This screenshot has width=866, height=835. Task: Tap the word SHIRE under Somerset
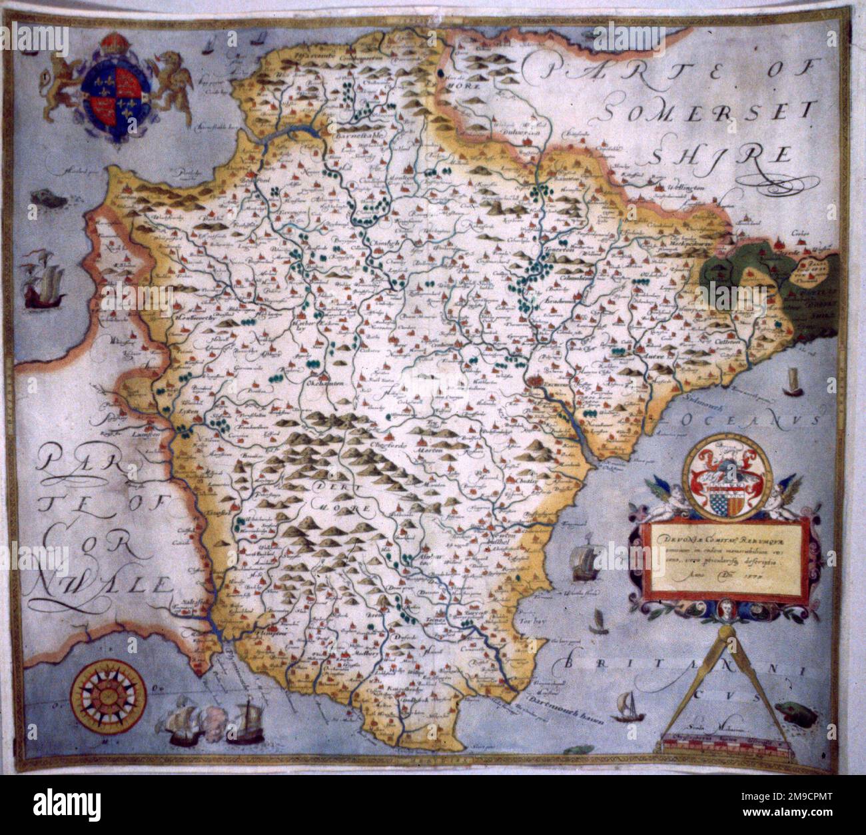pyautogui.click(x=719, y=155)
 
